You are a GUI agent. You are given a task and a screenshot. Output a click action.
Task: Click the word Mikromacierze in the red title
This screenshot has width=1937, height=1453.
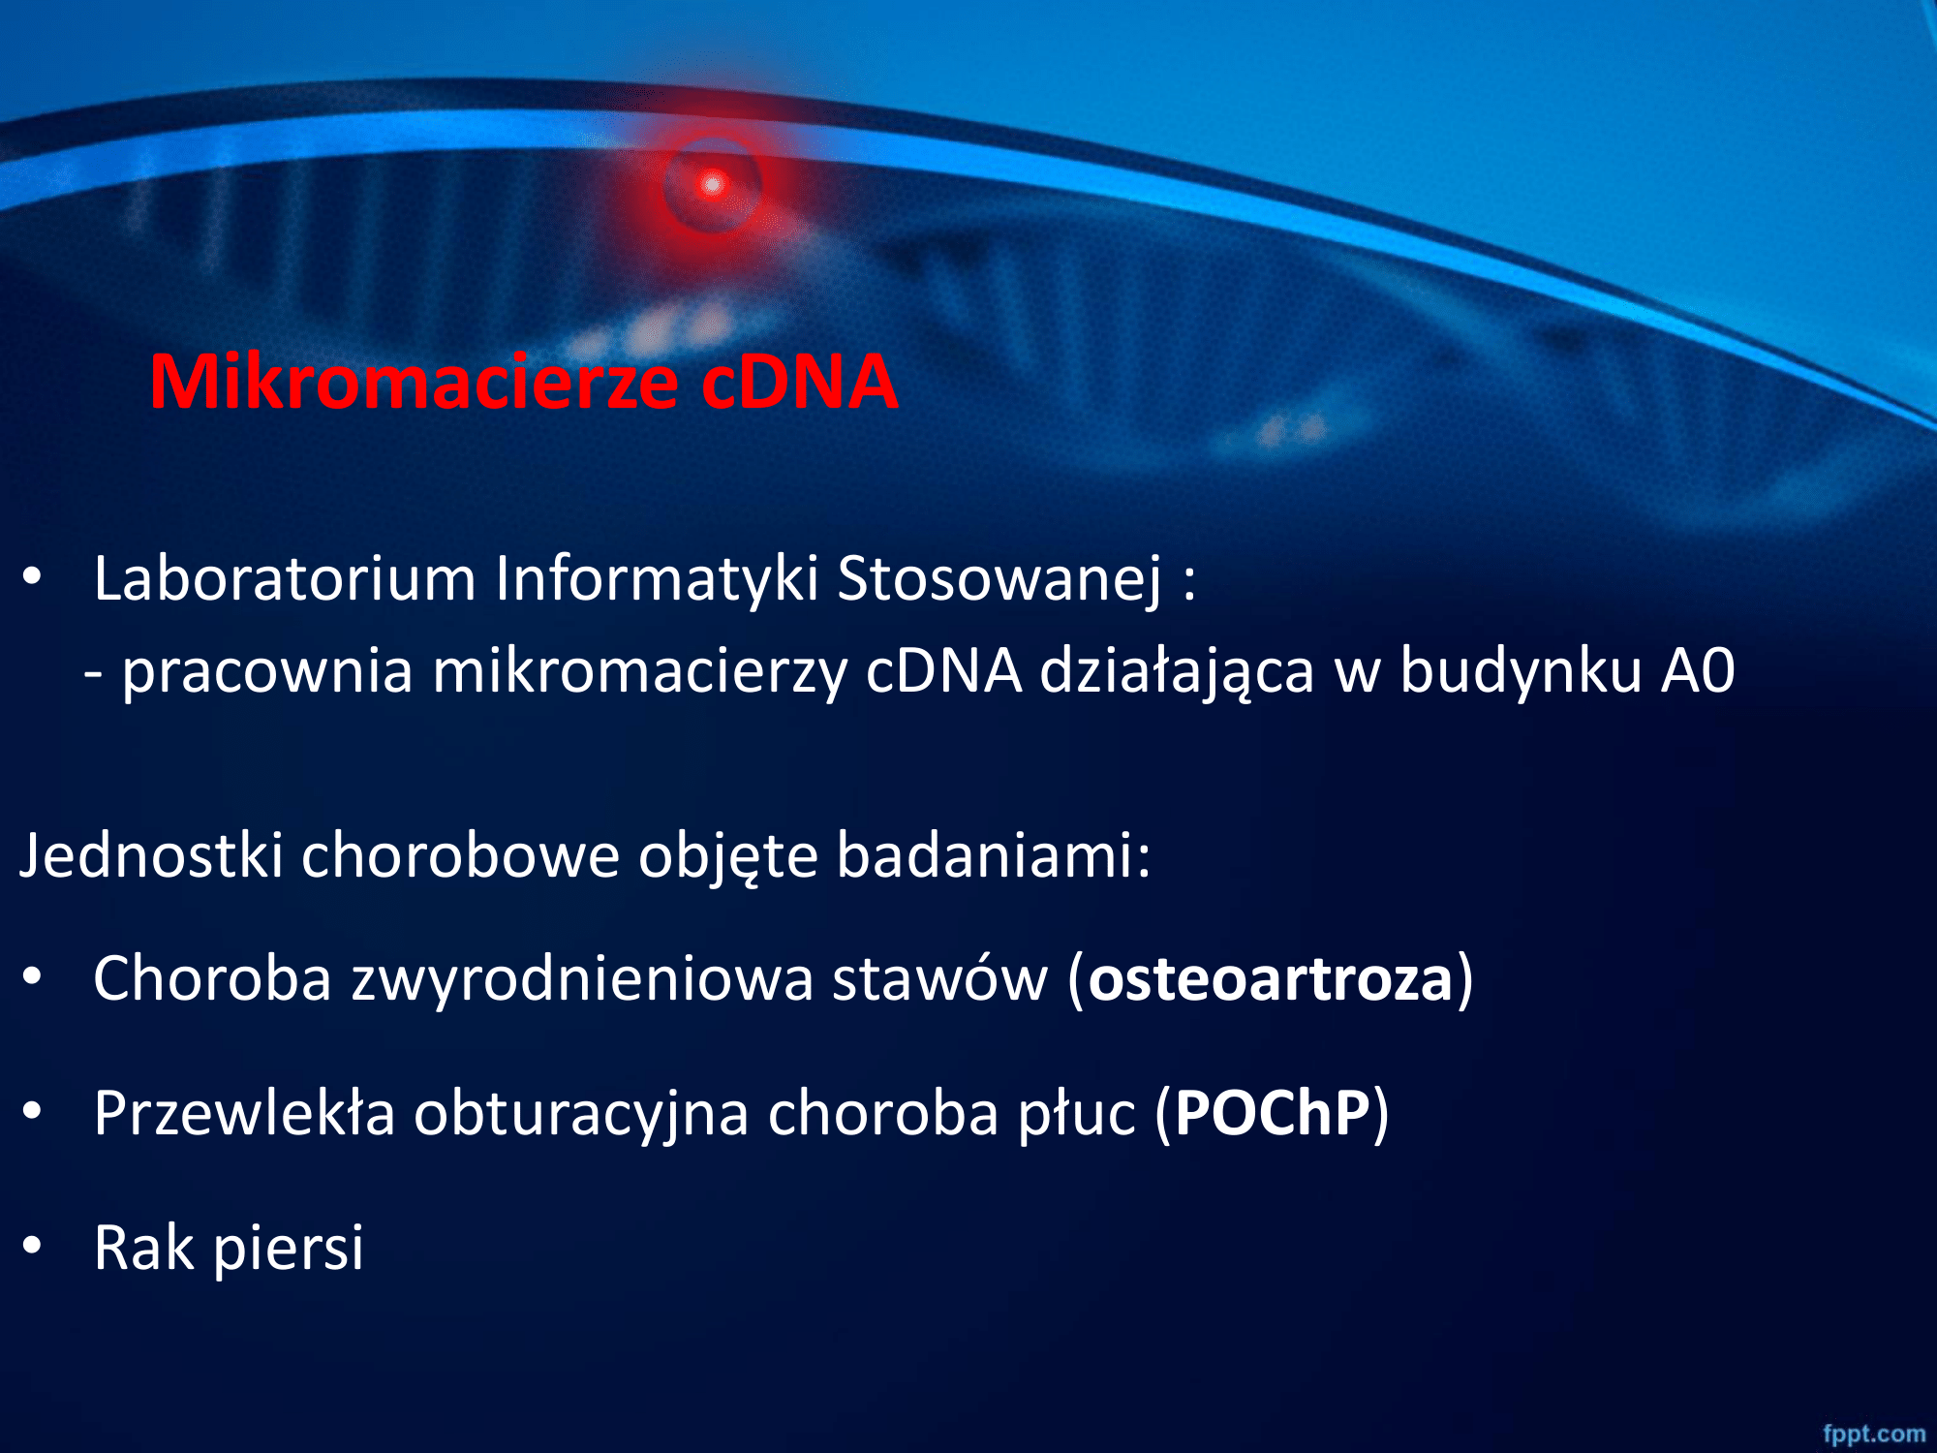tap(414, 382)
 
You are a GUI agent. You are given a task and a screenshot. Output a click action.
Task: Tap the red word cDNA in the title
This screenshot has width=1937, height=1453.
tap(800, 382)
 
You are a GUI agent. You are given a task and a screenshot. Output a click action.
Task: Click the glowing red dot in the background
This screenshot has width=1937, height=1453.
tap(713, 184)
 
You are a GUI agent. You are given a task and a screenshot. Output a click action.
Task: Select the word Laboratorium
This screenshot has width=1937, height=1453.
tap(285, 578)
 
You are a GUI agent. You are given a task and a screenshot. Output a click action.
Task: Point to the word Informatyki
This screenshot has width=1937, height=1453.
tap(658, 580)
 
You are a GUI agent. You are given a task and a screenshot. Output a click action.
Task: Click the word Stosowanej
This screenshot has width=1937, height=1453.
tap(999, 580)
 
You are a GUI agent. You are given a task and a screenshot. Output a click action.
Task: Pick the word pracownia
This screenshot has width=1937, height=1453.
tap(267, 672)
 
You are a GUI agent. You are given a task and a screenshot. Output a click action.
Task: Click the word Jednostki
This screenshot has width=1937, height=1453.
tap(152, 855)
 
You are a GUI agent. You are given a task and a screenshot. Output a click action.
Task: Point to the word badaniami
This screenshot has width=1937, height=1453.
tap(993, 855)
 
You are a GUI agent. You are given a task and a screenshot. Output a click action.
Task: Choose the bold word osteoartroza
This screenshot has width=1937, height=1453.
tap(1271, 978)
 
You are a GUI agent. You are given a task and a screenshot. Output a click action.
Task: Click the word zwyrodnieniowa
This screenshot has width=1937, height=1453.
tap(582, 978)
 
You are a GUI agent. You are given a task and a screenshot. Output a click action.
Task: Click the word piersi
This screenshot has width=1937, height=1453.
tap(289, 1248)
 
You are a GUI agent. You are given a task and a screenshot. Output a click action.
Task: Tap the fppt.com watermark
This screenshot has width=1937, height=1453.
tap(1874, 1434)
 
